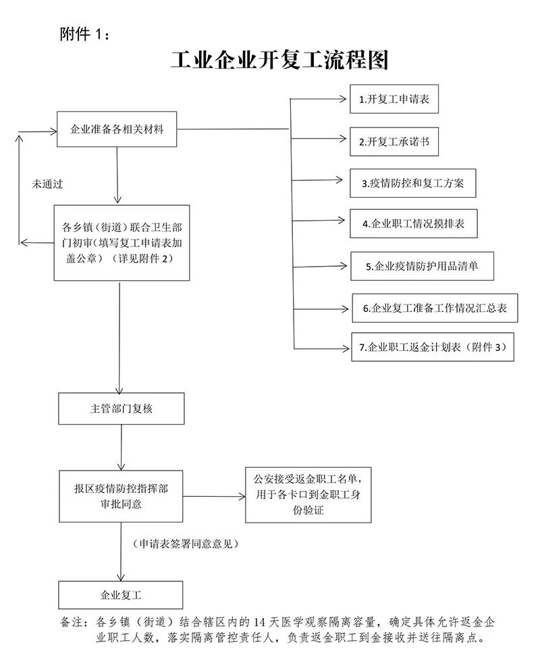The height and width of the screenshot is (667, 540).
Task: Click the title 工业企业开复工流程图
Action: pos(279,60)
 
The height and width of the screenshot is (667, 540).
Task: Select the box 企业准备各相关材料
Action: pos(117,130)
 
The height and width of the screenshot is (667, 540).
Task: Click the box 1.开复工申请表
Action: pos(394,99)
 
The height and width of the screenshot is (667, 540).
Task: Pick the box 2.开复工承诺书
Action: pos(394,141)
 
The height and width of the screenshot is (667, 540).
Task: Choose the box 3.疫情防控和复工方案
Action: pos(413,183)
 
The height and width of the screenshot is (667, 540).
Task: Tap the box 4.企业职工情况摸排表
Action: pos(414,223)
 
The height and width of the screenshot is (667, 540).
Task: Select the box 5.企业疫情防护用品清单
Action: pos(423,266)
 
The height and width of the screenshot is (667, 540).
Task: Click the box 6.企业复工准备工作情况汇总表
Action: pos(435,308)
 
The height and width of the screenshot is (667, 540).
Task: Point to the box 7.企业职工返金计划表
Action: pos(433,347)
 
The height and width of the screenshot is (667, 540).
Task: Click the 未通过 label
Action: pos(47,184)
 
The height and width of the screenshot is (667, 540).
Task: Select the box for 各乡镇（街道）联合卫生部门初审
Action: pos(122,243)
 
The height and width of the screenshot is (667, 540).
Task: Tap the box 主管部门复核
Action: pos(122,409)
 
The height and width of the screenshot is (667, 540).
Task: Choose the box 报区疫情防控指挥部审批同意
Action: pos(122,496)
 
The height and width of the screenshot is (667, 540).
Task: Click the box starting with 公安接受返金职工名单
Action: pos(308,495)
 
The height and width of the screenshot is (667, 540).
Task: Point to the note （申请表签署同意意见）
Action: pos(186,543)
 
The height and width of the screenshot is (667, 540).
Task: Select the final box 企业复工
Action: pos(121,595)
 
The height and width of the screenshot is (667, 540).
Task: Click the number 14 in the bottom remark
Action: pos(259,622)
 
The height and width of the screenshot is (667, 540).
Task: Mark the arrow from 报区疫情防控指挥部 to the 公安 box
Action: pos(214,496)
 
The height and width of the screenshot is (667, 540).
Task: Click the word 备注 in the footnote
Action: pos(71,622)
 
